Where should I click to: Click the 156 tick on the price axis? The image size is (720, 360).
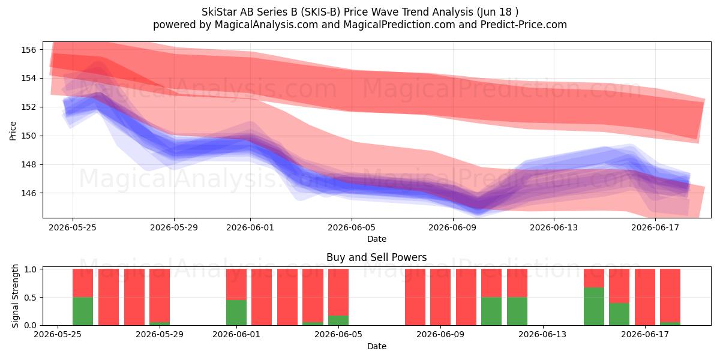pyautogui.click(x=28, y=50)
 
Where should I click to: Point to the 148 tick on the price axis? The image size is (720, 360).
pyautogui.click(x=28, y=164)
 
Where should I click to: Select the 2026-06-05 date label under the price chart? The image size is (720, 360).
pyautogui.click(x=352, y=227)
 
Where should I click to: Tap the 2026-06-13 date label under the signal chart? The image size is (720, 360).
pyautogui.click(x=542, y=334)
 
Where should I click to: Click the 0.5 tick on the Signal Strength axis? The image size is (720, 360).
pyautogui.click(x=30, y=298)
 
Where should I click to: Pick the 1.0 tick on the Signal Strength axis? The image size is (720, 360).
pyautogui.click(x=30, y=269)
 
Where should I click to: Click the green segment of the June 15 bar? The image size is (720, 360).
pyautogui.click(x=593, y=307)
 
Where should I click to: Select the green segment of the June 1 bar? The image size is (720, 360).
pyautogui.click(x=236, y=313)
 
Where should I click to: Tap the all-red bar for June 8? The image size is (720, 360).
pyautogui.click(x=415, y=297)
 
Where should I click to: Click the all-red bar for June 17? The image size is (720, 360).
pyautogui.click(x=645, y=297)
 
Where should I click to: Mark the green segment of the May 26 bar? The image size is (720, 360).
pyautogui.click(x=83, y=311)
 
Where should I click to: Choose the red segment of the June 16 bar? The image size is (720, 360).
pyautogui.click(x=619, y=286)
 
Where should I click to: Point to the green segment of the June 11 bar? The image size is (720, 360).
pyautogui.click(x=491, y=311)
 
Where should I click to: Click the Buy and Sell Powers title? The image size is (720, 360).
pyautogui.click(x=376, y=257)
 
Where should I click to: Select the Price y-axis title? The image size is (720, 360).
pyautogui.click(x=13, y=131)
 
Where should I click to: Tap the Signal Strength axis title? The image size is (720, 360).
pyautogui.click(x=15, y=296)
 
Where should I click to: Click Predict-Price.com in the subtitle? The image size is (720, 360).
pyautogui.click(x=524, y=25)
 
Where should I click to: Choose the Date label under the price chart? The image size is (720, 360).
pyautogui.click(x=377, y=239)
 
